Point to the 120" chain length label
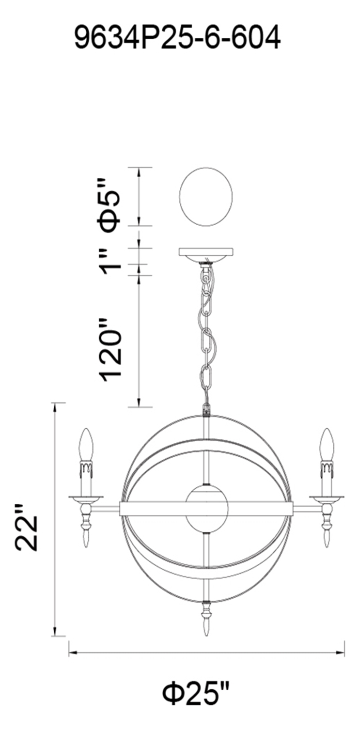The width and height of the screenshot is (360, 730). coord(111,348)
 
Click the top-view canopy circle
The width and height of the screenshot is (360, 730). coord(206,197)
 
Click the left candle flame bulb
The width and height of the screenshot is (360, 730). coord(86,445)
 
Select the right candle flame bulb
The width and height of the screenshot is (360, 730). coord(327,445)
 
